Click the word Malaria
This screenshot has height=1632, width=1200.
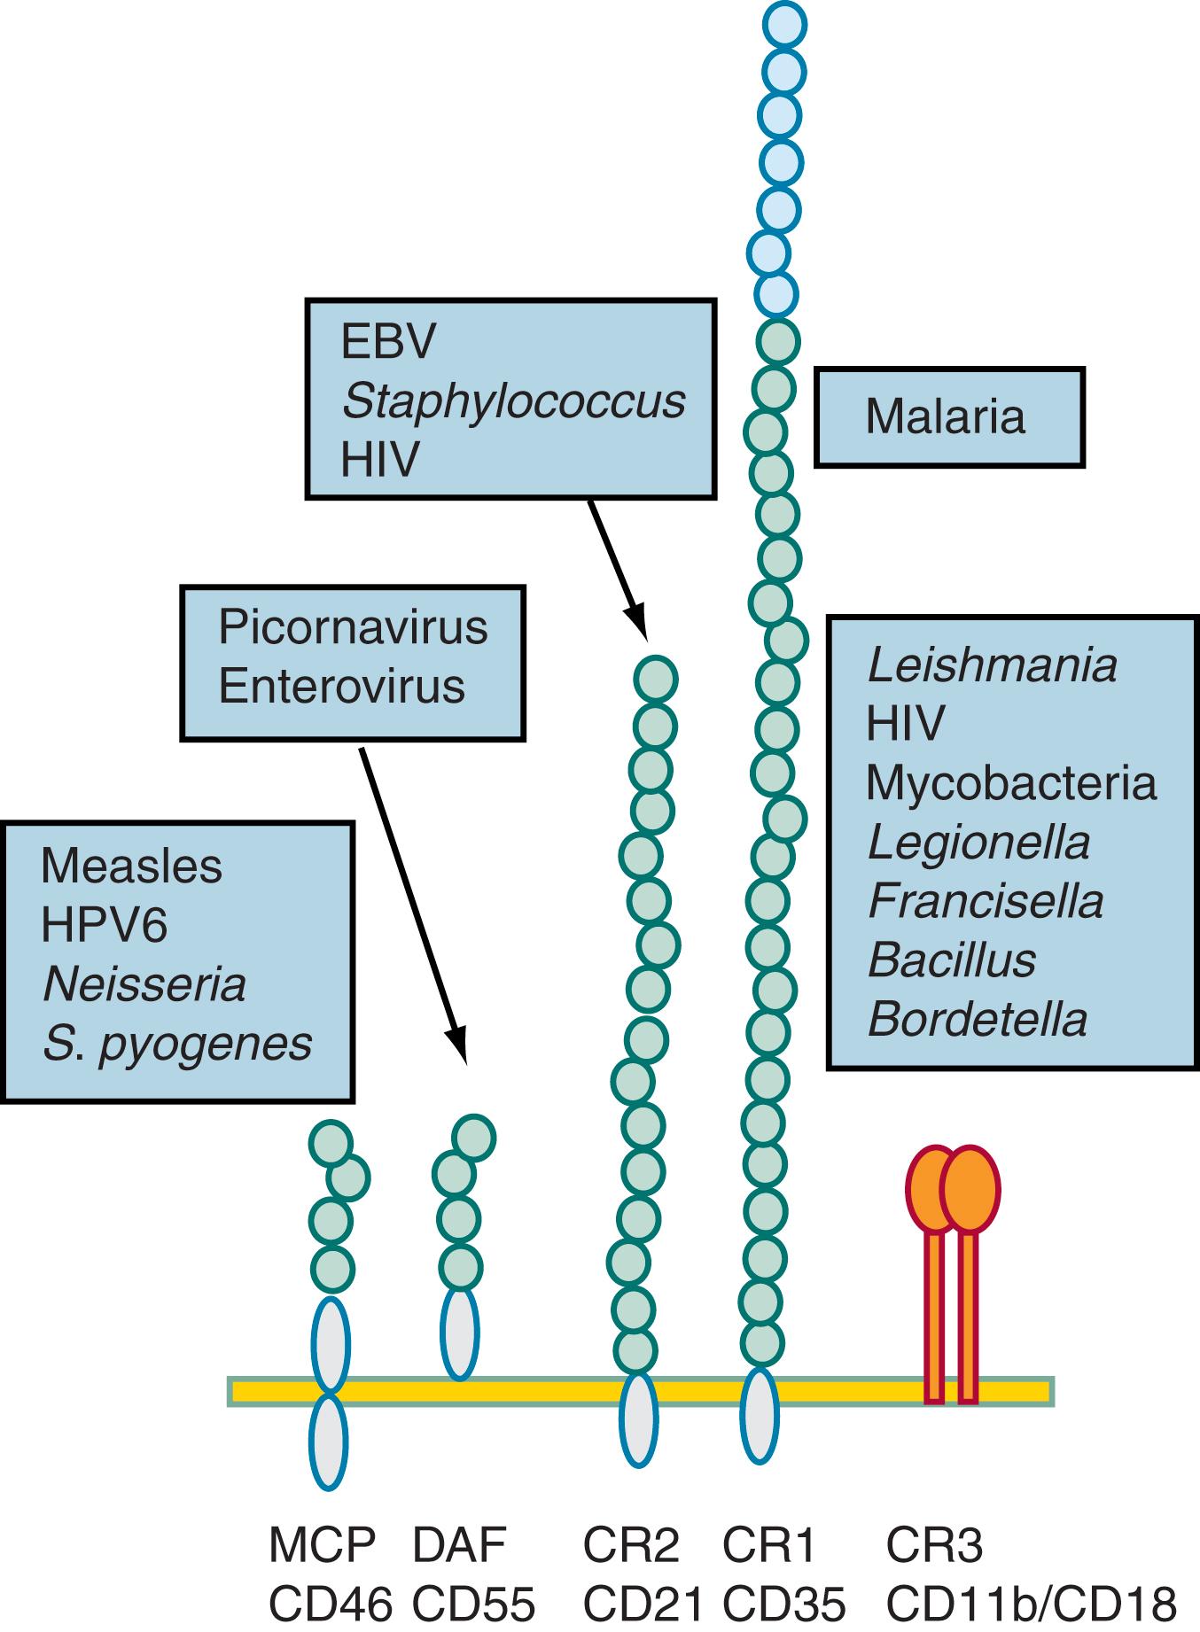[945, 417]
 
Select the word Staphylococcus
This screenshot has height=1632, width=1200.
[513, 401]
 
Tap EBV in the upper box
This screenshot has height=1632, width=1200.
[388, 343]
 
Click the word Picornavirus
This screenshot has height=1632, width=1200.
[353, 628]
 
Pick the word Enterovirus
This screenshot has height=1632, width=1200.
[341, 687]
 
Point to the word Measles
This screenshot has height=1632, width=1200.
[131, 867]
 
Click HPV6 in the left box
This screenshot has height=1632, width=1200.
[104, 925]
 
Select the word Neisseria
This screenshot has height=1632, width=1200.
[144, 984]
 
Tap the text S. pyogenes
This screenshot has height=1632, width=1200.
[177, 1044]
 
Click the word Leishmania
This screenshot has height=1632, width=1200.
[992, 665]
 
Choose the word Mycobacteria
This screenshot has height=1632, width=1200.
[1010, 783]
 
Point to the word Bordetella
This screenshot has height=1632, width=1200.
[978, 1020]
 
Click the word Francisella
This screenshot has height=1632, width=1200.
[986, 902]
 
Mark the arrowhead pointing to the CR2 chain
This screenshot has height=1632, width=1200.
[635, 624]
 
